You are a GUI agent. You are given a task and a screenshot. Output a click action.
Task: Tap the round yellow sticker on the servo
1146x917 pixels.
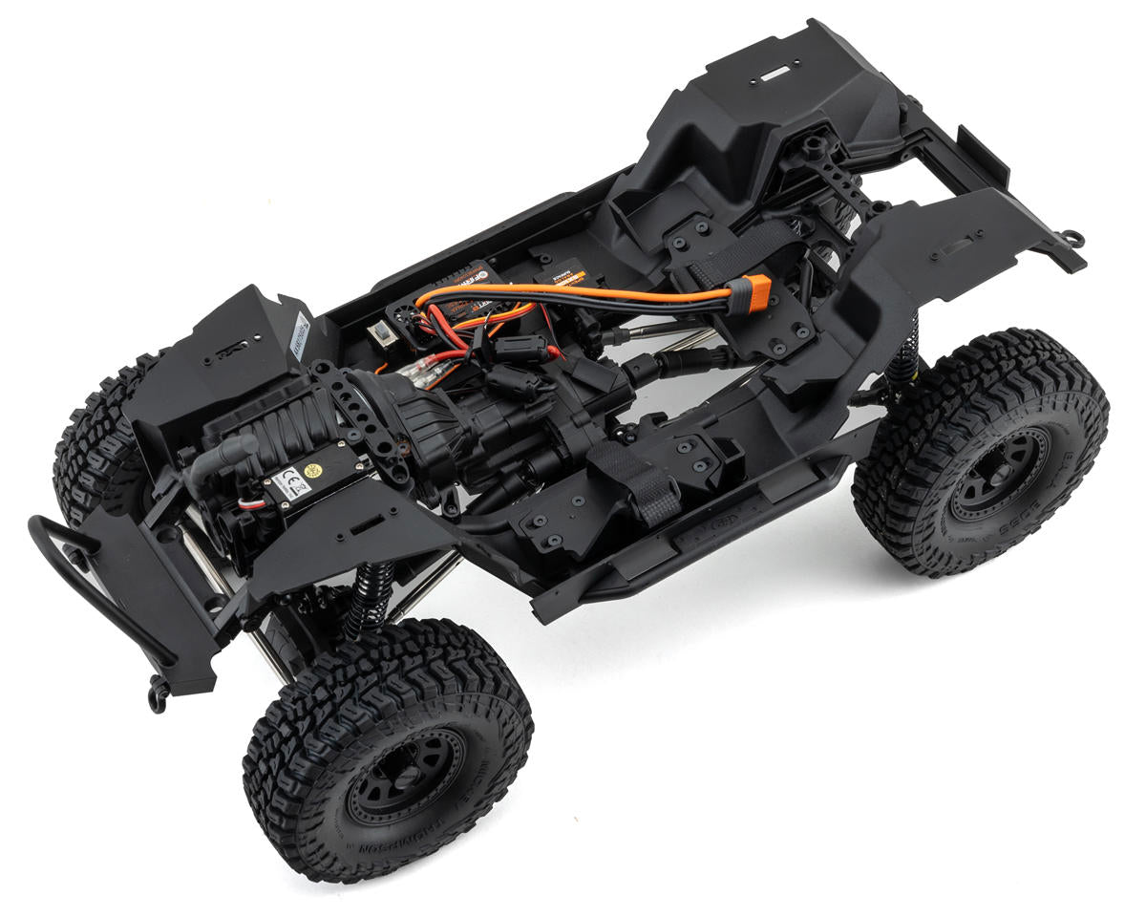(312, 470)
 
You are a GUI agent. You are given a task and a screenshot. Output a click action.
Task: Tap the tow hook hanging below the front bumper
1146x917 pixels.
(158, 695)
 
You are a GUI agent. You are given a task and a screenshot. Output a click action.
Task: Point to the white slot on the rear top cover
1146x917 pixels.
(778, 71)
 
